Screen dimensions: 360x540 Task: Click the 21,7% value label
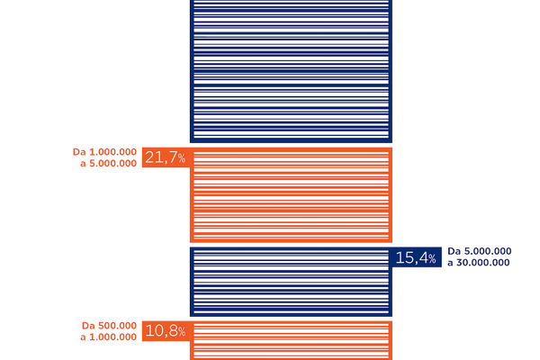click(x=164, y=157)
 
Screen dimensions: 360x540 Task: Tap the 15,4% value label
click(x=416, y=258)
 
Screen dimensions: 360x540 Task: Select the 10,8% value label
click(x=164, y=330)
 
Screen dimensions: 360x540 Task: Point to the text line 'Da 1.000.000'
click(x=105, y=153)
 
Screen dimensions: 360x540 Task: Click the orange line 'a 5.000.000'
click(x=109, y=165)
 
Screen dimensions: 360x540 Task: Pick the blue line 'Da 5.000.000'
click(x=480, y=252)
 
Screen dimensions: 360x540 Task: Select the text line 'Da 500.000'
click(x=109, y=325)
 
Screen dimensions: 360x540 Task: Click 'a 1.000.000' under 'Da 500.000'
click(x=109, y=337)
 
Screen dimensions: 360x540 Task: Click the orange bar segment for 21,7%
click(x=291, y=193)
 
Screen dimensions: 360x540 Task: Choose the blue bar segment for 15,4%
click(x=291, y=281)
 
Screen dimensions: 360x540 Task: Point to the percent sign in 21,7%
click(x=181, y=159)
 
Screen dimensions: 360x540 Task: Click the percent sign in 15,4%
click(x=433, y=260)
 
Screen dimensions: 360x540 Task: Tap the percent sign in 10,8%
click(x=181, y=332)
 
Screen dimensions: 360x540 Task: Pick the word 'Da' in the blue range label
click(x=454, y=252)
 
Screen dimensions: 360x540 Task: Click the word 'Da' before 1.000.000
click(x=78, y=153)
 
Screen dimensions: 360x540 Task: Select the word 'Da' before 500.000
click(x=88, y=325)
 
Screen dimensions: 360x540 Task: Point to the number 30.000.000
click(x=484, y=263)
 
